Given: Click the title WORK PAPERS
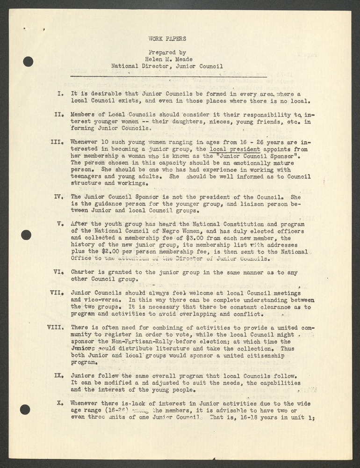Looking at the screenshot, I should [167, 39].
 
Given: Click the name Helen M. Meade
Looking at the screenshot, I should [167, 59].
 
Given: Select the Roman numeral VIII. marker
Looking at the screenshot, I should [57, 328].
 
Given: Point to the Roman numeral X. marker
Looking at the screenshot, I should [61, 402].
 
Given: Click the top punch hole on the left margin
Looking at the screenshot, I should [28, 61].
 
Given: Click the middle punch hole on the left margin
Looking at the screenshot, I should [26, 235].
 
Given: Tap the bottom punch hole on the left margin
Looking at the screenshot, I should [25, 409].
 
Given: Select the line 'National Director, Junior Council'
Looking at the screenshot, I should [167, 66].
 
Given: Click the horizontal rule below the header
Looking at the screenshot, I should [168, 76].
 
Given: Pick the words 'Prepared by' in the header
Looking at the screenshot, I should [167, 52].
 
